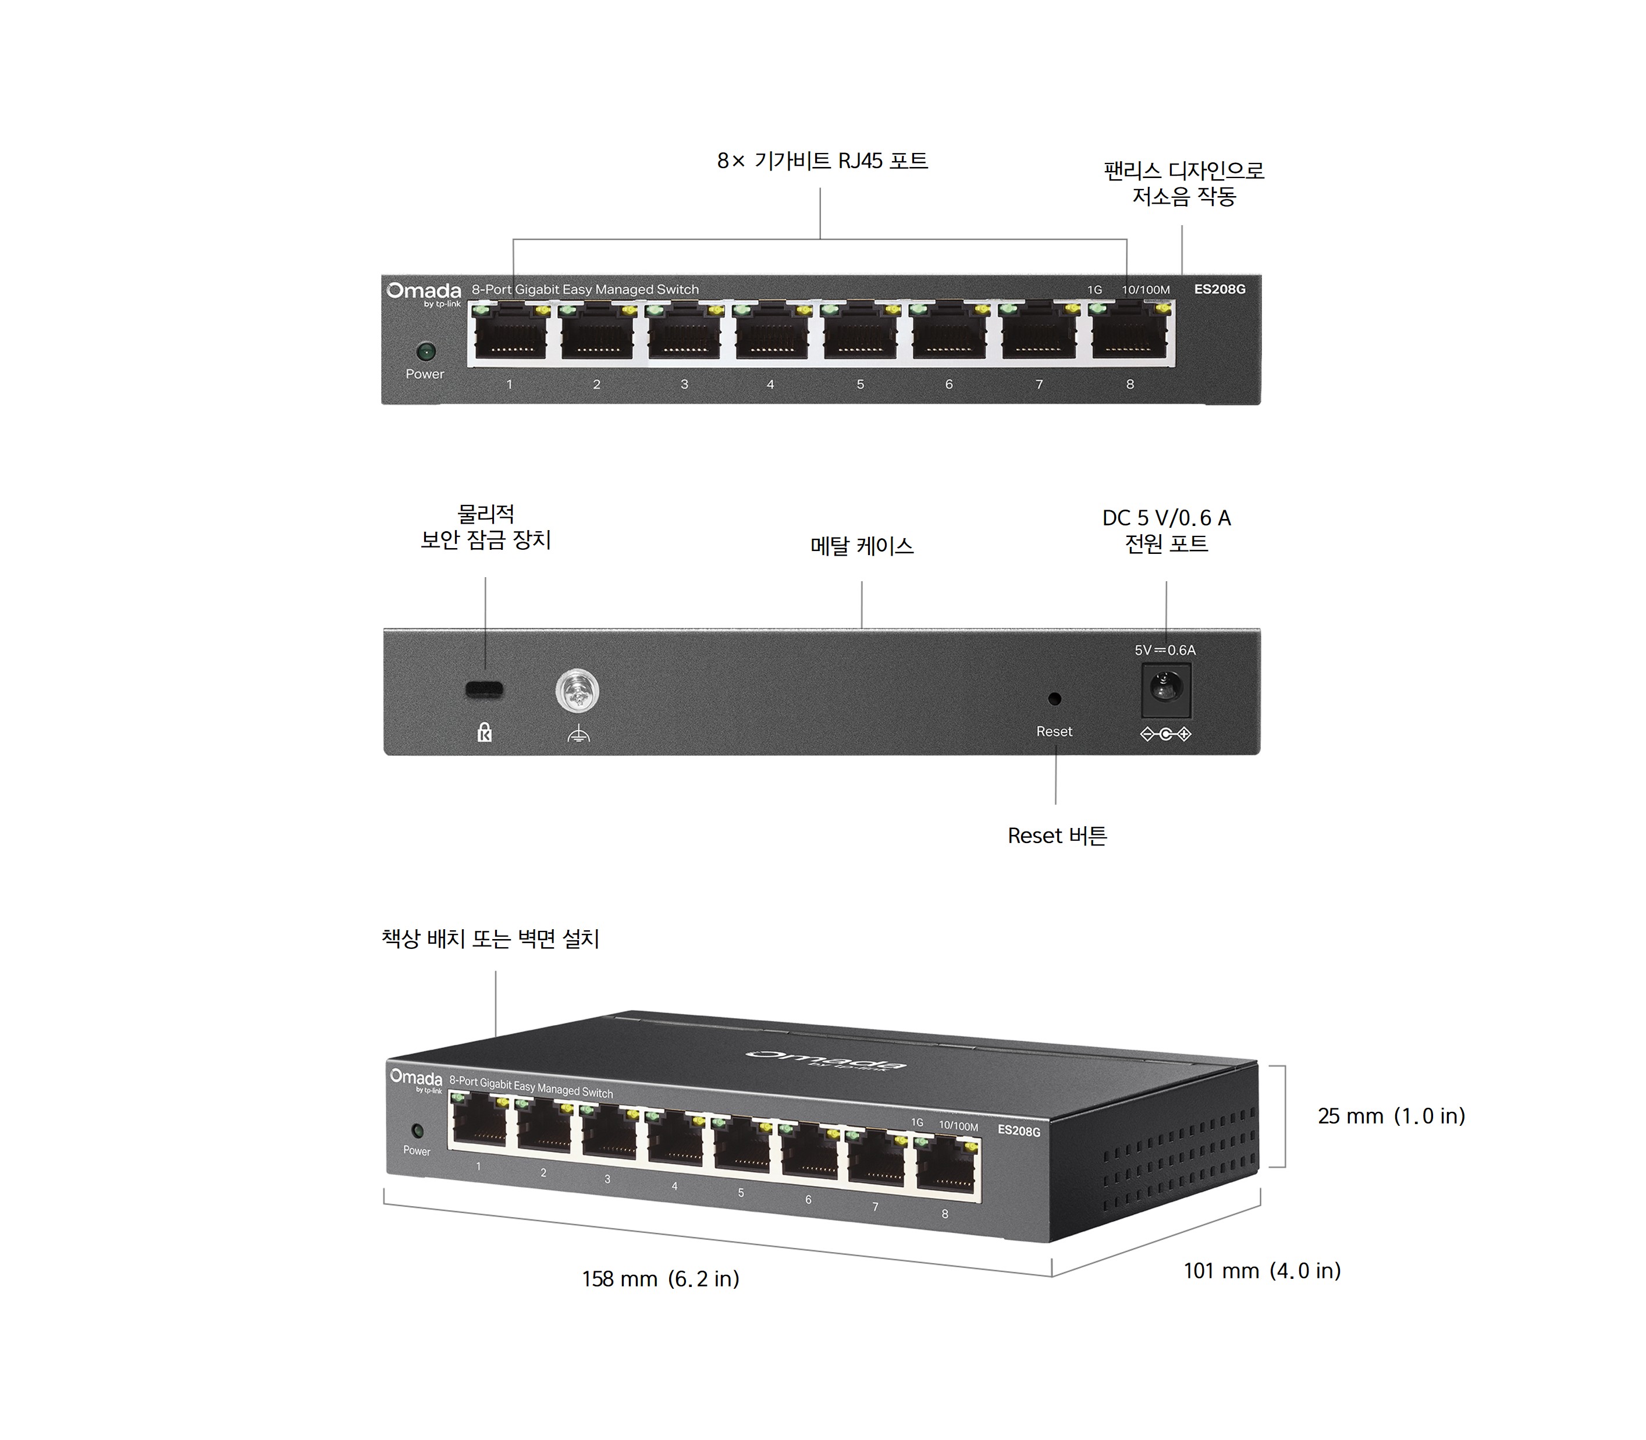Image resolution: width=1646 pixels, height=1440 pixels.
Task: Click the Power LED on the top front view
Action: coord(425,351)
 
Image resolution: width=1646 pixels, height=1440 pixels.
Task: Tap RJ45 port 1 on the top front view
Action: coord(510,333)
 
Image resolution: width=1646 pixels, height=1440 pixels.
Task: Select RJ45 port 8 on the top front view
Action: coord(1130,333)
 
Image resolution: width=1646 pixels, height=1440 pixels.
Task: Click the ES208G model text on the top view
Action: coord(1220,289)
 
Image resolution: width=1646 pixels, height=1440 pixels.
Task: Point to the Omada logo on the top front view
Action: coord(424,291)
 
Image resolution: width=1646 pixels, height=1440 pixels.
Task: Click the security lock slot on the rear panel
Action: coord(485,689)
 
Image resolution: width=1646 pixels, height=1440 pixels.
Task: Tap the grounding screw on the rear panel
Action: coord(577,691)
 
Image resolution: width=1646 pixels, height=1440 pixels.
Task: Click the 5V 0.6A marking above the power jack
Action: coord(1165,650)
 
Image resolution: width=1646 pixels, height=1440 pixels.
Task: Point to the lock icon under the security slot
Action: coord(485,732)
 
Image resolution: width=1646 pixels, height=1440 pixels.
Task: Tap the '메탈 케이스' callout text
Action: coord(862,546)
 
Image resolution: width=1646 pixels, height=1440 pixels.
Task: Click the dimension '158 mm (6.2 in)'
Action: coord(660,1278)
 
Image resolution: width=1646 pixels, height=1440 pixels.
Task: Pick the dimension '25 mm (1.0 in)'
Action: coord(1391,1116)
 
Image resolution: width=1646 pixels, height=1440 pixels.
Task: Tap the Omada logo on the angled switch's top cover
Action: coord(826,1061)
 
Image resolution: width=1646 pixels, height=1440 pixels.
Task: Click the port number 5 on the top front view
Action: coord(860,384)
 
